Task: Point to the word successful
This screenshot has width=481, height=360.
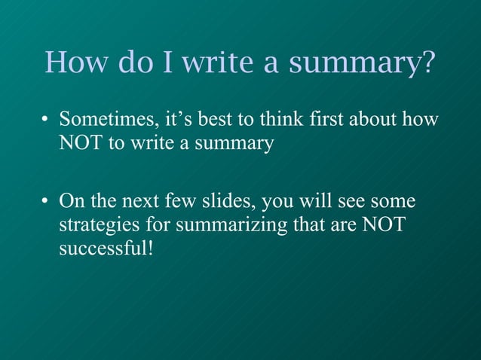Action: pos(103,247)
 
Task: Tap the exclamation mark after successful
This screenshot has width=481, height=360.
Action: pos(152,247)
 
